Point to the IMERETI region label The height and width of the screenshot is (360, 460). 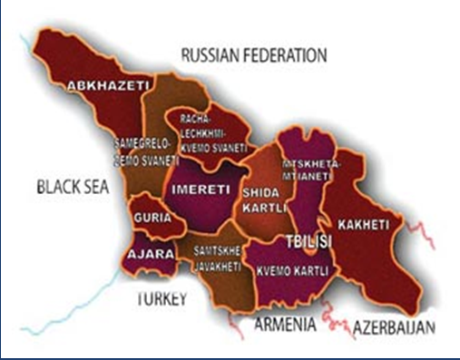[191, 190]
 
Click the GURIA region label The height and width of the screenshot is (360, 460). [147, 219]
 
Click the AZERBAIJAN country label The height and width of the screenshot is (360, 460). [395, 326]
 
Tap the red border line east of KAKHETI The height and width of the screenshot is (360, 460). [426, 238]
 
